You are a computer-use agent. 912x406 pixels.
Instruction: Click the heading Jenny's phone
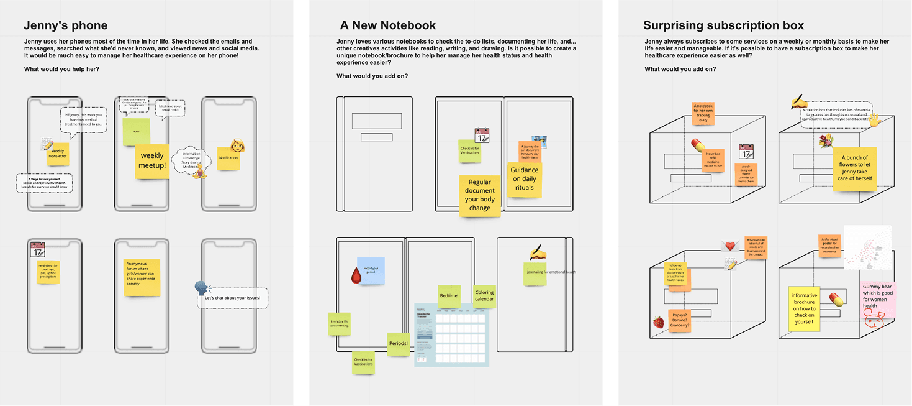coord(65,25)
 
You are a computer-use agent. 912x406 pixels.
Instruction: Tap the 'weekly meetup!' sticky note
coord(152,161)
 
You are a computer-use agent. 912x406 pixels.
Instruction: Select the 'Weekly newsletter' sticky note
coord(58,154)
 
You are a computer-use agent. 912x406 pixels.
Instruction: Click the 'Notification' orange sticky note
coord(228,158)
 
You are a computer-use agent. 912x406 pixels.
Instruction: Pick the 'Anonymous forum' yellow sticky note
coord(142,277)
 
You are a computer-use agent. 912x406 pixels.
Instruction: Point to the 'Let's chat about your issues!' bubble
coord(233,298)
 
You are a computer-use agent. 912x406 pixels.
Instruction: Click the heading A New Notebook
coord(387,25)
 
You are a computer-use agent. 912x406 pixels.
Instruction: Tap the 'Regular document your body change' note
coord(480,196)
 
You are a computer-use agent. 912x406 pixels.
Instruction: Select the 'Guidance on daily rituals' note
coord(524,179)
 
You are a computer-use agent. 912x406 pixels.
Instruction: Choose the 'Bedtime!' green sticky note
coord(448,296)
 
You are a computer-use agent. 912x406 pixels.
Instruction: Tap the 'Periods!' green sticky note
coord(398,344)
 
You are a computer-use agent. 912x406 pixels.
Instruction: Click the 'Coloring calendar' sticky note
coord(484,296)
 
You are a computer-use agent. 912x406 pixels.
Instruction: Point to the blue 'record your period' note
coord(371,271)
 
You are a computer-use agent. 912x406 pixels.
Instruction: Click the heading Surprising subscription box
coord(723,25)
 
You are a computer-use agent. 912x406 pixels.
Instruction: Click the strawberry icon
coord(658,322)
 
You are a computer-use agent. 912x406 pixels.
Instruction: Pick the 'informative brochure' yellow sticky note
coord(804,309)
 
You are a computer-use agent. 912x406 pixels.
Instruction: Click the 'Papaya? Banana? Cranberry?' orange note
coord(679,320)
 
